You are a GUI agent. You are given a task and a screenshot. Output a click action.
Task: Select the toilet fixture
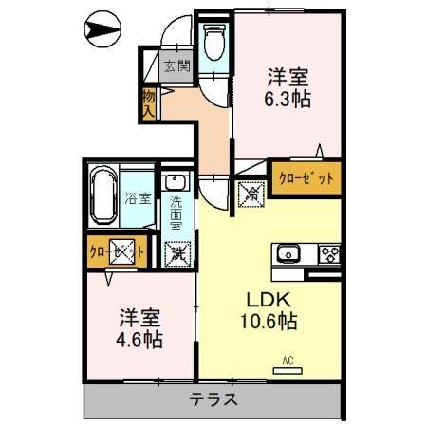pyautogui.click(x=213, y=40)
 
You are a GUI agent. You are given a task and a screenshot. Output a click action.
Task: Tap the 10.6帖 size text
pyautogui.click(x=269, y=322)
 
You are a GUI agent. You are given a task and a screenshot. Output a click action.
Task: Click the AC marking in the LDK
pyautogui.click(x=288, y=360)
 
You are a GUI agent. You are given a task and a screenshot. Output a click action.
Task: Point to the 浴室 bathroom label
pyautogui.click(x=138, y=198)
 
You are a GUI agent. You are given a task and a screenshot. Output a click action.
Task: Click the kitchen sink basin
pyautogui.click(x=288, y=253)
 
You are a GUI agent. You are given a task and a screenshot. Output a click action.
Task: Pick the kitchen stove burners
pyautogui.click(x=328, y=253)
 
